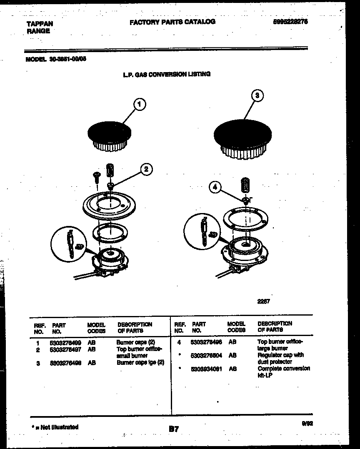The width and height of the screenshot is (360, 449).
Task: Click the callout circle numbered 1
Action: (x=140, y=104)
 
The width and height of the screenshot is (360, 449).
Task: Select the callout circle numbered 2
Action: (x=146, y=169)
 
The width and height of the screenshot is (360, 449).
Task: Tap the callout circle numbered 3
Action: (x=257, y=95)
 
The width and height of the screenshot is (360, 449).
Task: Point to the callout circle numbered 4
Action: (x=215, y=188)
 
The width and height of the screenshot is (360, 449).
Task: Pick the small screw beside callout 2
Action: (x=96, y=177)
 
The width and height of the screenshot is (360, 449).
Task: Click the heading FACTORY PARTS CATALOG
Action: (x=172, y=22)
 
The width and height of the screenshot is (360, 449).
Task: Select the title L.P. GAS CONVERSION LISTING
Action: (x=167, y=74)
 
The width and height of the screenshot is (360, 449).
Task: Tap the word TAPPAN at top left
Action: (x=40, y=24)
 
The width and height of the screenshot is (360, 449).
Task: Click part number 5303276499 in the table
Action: (x=65, y=343)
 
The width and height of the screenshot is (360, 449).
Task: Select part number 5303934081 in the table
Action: (x=206, y=369)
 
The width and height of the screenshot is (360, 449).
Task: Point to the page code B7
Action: (x=174, y=429)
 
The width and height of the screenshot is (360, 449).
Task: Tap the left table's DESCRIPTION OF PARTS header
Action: (x=135, y=327)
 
